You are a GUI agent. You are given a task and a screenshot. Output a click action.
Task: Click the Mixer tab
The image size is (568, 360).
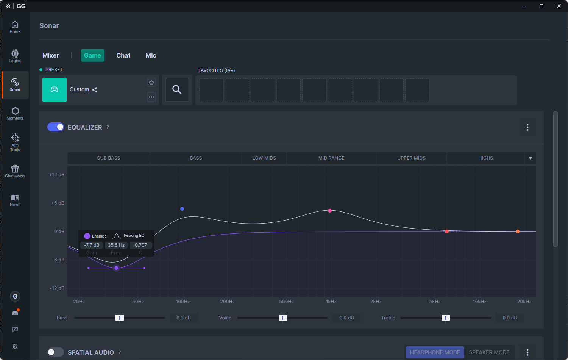click(50, 55)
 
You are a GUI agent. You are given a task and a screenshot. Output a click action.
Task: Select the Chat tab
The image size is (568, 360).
click(123, 55)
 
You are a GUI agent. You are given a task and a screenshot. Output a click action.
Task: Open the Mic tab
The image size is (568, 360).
click(151, 55)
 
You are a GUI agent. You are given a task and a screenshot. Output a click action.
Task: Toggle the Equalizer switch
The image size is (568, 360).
click(56, 127)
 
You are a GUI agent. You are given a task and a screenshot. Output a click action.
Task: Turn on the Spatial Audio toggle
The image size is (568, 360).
click(56, 352)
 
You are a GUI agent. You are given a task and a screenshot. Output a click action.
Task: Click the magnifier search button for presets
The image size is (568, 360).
click(177, 89)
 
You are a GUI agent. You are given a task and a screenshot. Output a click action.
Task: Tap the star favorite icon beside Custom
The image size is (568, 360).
click(151, 83)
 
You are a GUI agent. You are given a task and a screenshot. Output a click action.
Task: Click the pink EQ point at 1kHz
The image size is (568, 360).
click(330, 211)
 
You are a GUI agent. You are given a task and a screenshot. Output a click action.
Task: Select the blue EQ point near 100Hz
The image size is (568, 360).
click(182, 209)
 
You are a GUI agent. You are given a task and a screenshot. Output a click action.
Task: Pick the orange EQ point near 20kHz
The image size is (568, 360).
click(518, 232)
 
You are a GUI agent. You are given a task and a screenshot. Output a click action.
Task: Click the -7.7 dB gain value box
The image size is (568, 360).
click(92, 245)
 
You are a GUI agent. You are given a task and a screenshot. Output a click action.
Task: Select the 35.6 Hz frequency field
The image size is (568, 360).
click(116, 245)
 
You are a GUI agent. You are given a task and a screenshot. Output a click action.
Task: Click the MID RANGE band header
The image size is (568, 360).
click(331, 158)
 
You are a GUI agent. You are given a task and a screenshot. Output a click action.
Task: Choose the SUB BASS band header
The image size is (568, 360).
click(109, 158)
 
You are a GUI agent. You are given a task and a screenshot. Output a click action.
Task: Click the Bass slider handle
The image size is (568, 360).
click(120, 318)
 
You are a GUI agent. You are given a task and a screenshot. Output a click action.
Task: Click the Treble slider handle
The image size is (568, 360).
click(446, 318)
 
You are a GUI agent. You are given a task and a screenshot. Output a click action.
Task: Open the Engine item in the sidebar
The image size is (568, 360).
click(15, 56)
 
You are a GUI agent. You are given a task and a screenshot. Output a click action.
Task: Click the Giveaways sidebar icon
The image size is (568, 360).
click(15, 171)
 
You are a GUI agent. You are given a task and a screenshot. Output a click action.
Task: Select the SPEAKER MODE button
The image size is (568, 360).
click(489, 352)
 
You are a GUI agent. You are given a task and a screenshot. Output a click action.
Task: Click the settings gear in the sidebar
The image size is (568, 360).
click(15, 346)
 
